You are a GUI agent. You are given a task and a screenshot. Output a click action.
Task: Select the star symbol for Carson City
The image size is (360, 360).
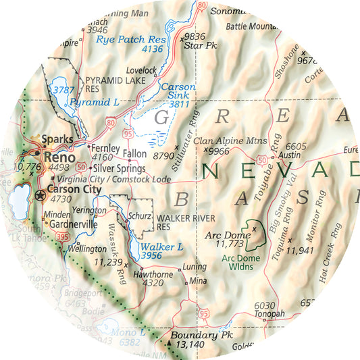(40, 196)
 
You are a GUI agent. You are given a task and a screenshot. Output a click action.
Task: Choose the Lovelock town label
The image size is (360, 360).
(141, 70)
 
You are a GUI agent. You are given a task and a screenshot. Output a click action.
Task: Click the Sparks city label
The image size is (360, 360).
(57, 140)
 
